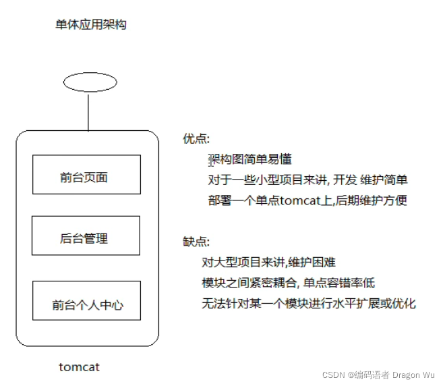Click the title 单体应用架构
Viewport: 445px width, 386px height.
tap(91, 25)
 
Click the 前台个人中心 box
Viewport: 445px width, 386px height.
tap(86, 305)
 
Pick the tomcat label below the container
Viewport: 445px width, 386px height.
tap(80, 367)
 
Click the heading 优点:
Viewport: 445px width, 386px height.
tap(196, 139)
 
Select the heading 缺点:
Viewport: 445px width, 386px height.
tap(196, 242)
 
